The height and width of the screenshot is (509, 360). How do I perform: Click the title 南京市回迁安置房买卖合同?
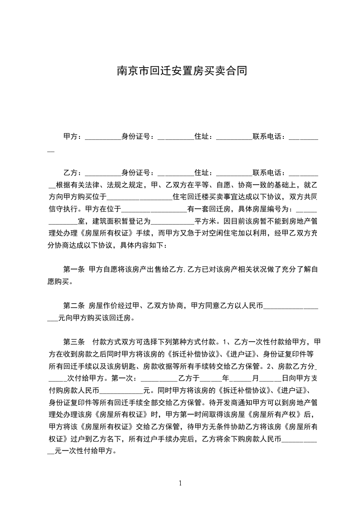(180, 71)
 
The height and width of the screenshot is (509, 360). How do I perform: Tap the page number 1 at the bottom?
(180, 483)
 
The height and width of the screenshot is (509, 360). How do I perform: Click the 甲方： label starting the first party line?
(73, 136)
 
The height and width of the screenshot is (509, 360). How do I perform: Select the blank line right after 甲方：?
(103, 137)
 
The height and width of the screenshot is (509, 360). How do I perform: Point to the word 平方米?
(205, 222)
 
